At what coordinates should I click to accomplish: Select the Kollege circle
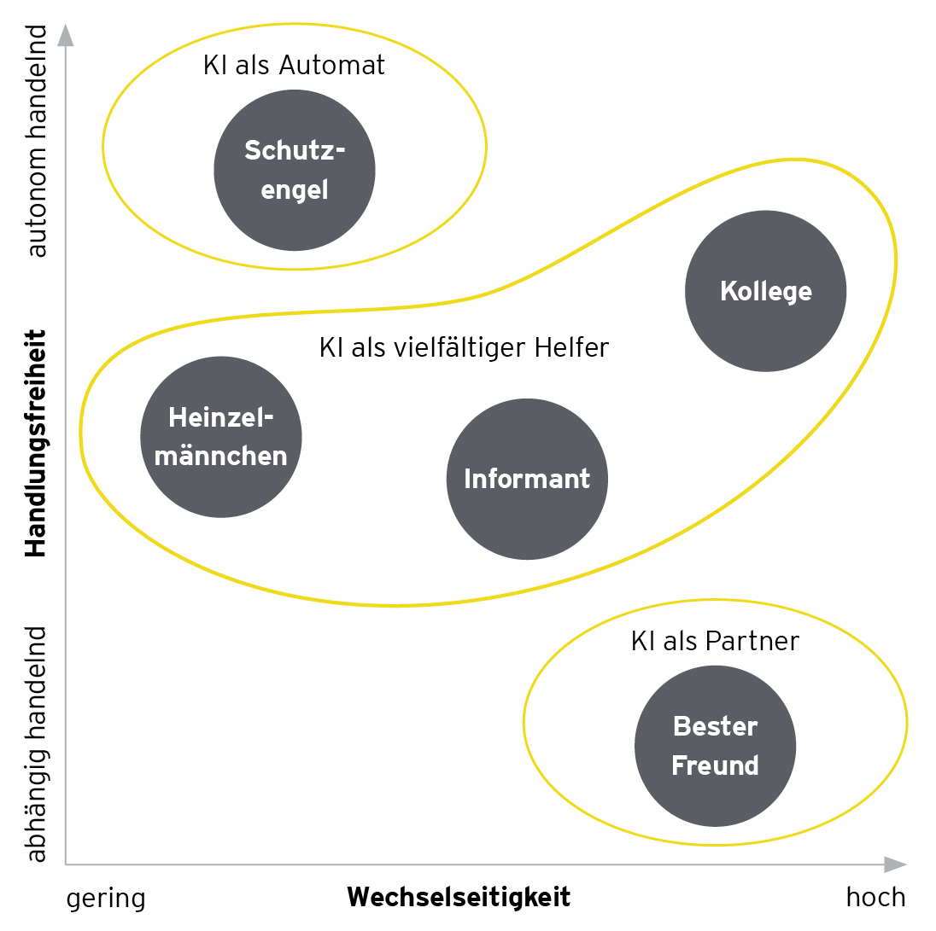[765, 291]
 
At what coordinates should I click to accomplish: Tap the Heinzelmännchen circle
[220, 436]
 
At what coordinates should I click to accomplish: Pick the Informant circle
[527, 479]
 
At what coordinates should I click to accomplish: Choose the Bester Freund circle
[715, 746]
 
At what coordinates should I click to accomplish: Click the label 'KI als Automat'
[294, 66]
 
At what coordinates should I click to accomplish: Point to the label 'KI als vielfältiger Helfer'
[464, 348]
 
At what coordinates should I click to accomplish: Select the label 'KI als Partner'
[715, 642]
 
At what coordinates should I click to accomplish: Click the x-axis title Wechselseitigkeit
[459, 898]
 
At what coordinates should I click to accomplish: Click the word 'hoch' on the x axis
[875, 898]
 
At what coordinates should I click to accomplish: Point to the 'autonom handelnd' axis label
[37, 141]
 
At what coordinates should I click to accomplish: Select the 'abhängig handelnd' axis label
[37, 744]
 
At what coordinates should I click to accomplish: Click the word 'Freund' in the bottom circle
[715, 765]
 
